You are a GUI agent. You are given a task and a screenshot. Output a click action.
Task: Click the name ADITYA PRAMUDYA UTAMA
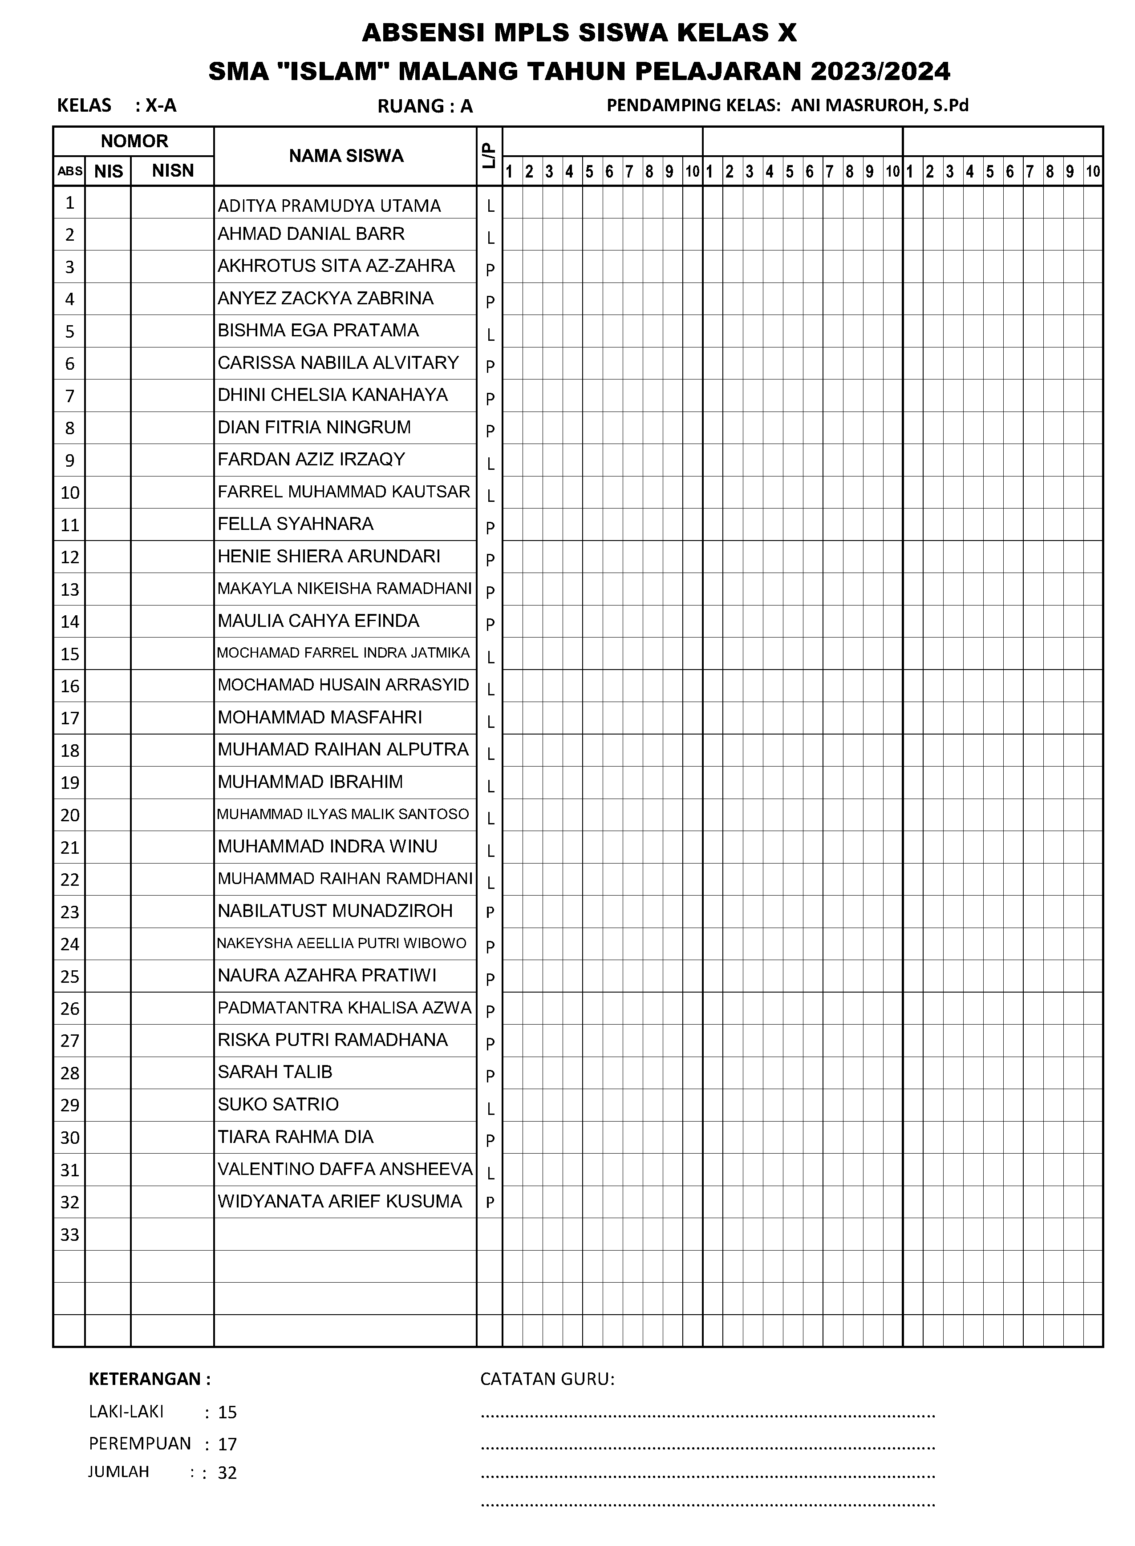click(x=329, y=206)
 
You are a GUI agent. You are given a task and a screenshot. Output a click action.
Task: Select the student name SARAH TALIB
click(x=275, y=1072)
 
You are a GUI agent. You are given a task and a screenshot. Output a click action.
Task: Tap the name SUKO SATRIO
click(x=278, y=1104)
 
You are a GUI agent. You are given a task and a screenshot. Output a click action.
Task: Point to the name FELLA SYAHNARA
click(x=296, y=524)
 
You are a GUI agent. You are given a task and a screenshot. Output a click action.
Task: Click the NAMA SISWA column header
click(x=345, y=156)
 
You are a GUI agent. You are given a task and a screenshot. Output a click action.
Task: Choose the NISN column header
click(x=172, y=171)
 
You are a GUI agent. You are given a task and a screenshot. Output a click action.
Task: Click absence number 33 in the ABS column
click(x=69, y=1235)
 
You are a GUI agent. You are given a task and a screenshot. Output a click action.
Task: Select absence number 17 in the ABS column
click(x=69, y=719)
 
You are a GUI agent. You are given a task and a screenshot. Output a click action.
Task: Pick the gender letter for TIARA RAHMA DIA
click(x=490, y=1141)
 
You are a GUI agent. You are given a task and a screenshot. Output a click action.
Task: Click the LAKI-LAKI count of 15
click(x=227, y=1413)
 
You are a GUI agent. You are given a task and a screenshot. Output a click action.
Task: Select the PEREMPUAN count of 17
click(x=227, y=1445)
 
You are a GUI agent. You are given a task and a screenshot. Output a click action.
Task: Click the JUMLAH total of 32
click(x=227, y=1473)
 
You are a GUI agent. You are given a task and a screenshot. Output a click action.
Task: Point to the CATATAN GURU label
click(x=547, y=1380)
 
